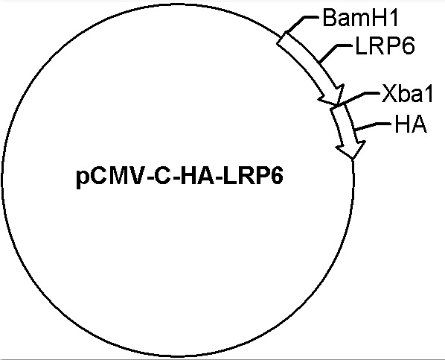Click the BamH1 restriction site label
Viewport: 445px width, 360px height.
click(361, 18)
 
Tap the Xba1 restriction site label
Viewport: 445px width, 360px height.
click(407, 93)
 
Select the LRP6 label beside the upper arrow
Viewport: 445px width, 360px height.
click(385, 45)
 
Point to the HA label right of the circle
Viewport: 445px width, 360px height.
click(411, 124)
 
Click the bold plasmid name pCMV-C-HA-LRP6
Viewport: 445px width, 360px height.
click(179, 177)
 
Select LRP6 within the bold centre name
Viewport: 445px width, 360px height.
click(253, 177)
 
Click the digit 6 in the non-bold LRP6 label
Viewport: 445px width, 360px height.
click(408, 45)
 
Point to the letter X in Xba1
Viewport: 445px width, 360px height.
click(388, 93)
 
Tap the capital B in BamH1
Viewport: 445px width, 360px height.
click(330, 18)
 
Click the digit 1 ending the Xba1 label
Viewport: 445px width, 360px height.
click(429, 93)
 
